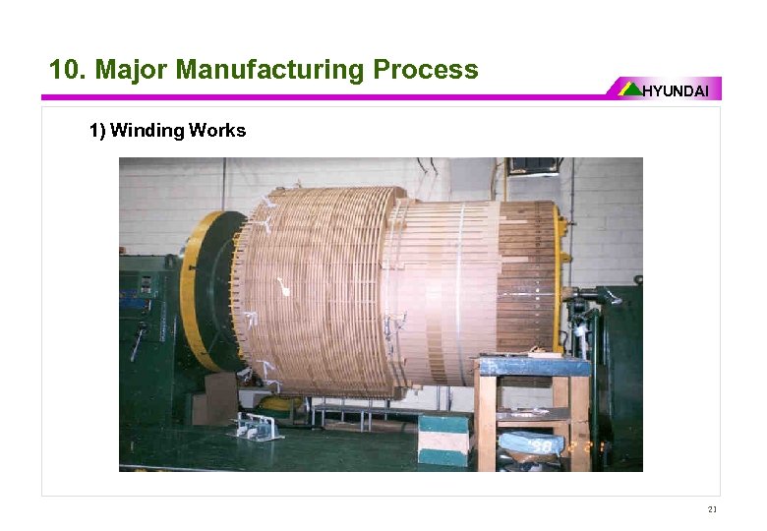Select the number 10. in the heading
[66, 70]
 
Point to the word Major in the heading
[136, 70]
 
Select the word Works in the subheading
[217, 131]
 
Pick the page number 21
[712, 509]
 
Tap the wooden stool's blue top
[532, 368]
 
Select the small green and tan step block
[443, 437]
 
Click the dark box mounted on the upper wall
[533, 165]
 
